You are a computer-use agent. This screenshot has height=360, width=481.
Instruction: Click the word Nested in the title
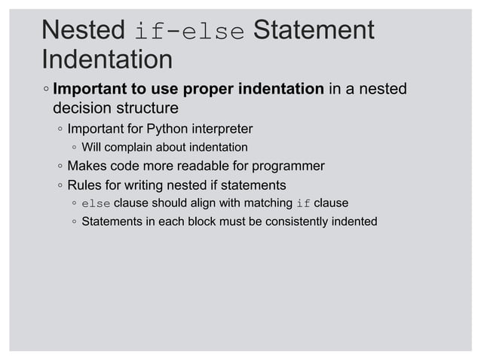click(x=83, y=31)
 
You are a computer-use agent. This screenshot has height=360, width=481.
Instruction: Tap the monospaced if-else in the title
click(x=188, y=32)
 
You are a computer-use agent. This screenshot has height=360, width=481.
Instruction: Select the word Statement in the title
click(x=314, y=31)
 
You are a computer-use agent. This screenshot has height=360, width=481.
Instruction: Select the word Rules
click(x=84, y=185)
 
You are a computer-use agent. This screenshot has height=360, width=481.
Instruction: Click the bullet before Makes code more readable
click(x=59, y=166)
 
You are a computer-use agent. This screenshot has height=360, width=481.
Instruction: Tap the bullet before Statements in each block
click(x=74, y=223)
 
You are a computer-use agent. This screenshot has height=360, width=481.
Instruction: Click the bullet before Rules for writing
click(x=59, y=185)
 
